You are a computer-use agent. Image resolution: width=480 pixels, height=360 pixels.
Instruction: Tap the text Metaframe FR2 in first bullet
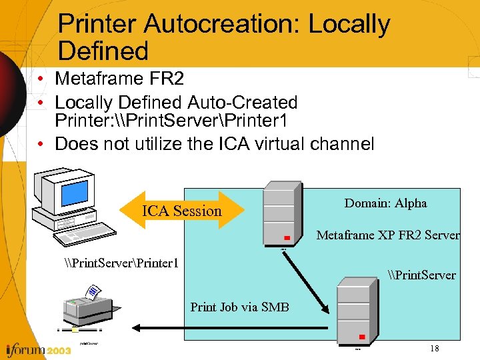(119, 79)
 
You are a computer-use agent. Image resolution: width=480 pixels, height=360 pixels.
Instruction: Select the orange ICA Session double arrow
(181, 211)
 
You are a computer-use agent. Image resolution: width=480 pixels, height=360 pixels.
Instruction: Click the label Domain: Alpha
(385, 203)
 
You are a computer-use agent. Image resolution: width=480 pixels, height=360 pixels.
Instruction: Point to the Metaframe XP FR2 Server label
(388, 235)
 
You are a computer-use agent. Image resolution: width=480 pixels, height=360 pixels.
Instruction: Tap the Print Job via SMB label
(239, 307)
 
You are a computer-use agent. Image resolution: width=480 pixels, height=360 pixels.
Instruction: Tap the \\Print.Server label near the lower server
(421, 275)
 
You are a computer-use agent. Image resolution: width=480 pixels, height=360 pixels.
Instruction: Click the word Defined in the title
(103, 51)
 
